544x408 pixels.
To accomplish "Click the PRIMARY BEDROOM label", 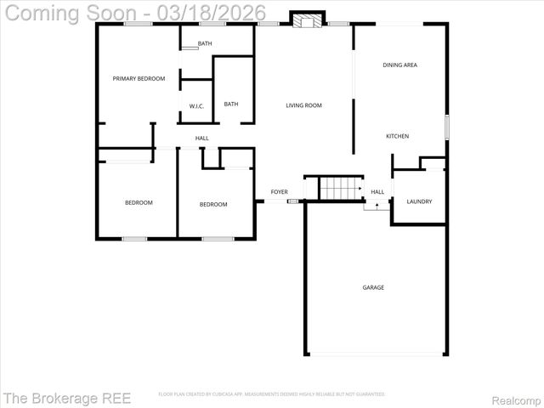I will click(139, 78).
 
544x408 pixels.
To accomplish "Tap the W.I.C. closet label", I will click(195, 105).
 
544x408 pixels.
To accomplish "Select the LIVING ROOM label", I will click(303, 105).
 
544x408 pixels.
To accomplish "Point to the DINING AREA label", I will click(399, 65).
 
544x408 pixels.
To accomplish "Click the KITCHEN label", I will click(397, 136).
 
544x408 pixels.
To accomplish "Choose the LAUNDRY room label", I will click(419, 201).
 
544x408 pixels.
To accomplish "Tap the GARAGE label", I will click(373, 287).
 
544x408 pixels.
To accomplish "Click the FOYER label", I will click(279, 192).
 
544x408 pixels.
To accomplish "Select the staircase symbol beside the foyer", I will click(334, 187).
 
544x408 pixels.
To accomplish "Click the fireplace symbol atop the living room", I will click(308, 20).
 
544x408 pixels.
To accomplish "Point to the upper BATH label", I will click(205, 43).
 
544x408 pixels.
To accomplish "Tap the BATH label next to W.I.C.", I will click(231, 105).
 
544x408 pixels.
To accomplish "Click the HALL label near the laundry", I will click(377, 192).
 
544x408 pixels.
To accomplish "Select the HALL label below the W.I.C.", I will click(201, 138).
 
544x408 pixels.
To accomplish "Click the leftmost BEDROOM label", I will click(139, 202).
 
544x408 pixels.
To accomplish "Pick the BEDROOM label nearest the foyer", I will click(213, 204).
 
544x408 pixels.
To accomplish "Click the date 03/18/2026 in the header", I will click(218, 12).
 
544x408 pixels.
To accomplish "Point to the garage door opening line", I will click(376, 354).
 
